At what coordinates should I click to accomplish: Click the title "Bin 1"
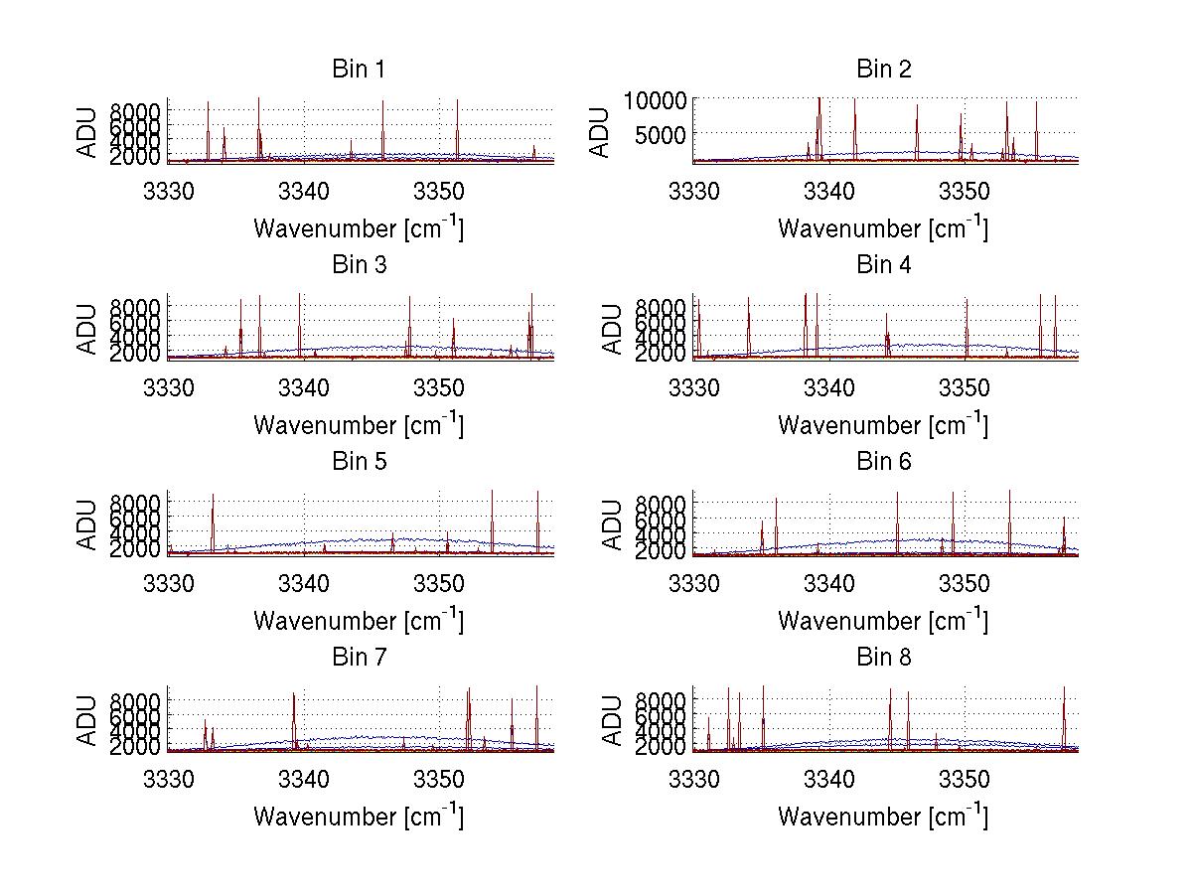pos(359,69)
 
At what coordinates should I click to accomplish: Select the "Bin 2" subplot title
pos(883,69)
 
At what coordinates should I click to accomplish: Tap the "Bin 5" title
pos(359,462)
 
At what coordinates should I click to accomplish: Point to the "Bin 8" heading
pos(883,658)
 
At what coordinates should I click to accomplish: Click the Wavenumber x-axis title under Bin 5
pos(359,620)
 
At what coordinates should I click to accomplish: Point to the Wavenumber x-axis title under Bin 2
pos(883,227)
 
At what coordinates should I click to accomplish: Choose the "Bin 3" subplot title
pos(359,265)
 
